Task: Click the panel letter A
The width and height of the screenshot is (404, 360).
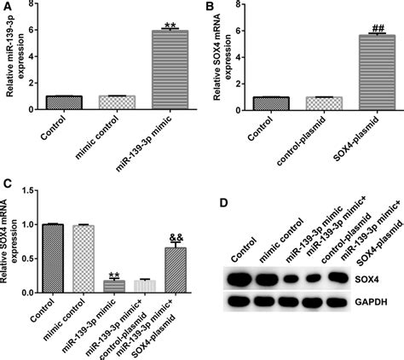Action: tap(7, 8)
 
